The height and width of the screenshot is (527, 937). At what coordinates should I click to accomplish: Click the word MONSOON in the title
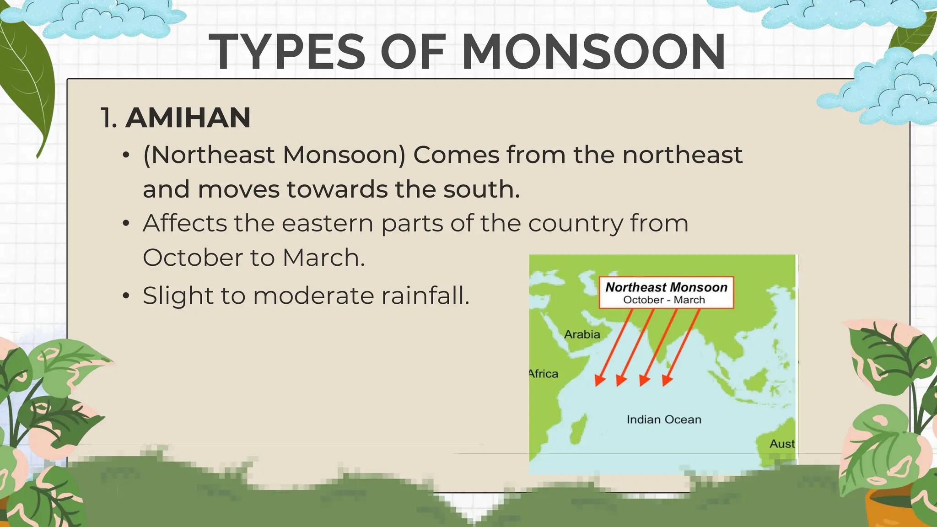(593, 52)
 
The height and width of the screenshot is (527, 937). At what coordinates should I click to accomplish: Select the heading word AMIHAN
(188, 118)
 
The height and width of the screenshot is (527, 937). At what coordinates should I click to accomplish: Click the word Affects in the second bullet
(185, 223)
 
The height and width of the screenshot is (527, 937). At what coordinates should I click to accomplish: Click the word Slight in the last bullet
(178, 296)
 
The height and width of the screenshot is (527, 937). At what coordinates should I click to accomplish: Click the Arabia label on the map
(582, 334)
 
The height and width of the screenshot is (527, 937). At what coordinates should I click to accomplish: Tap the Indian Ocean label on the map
(664, 419)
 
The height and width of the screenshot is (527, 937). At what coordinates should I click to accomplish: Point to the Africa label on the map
(544, 374)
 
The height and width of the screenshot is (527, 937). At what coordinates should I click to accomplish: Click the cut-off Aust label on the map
(782, 444)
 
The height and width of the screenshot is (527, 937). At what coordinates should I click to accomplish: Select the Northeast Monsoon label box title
(666, 287)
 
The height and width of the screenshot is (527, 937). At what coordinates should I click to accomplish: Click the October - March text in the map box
(664, 300)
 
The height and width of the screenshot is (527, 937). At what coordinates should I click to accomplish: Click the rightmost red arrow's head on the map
(667, 381)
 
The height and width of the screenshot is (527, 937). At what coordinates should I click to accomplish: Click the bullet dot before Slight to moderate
(127, 296)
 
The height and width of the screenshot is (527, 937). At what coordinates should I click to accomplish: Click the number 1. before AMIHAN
(109, 118)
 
